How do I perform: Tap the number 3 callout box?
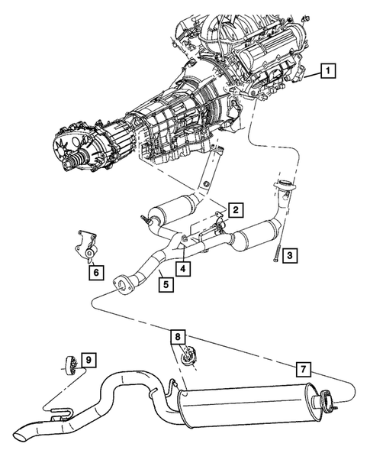290,257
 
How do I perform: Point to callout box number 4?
183,268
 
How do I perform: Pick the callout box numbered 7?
303,370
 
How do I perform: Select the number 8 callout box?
177,335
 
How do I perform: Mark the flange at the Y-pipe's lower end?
120,286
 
